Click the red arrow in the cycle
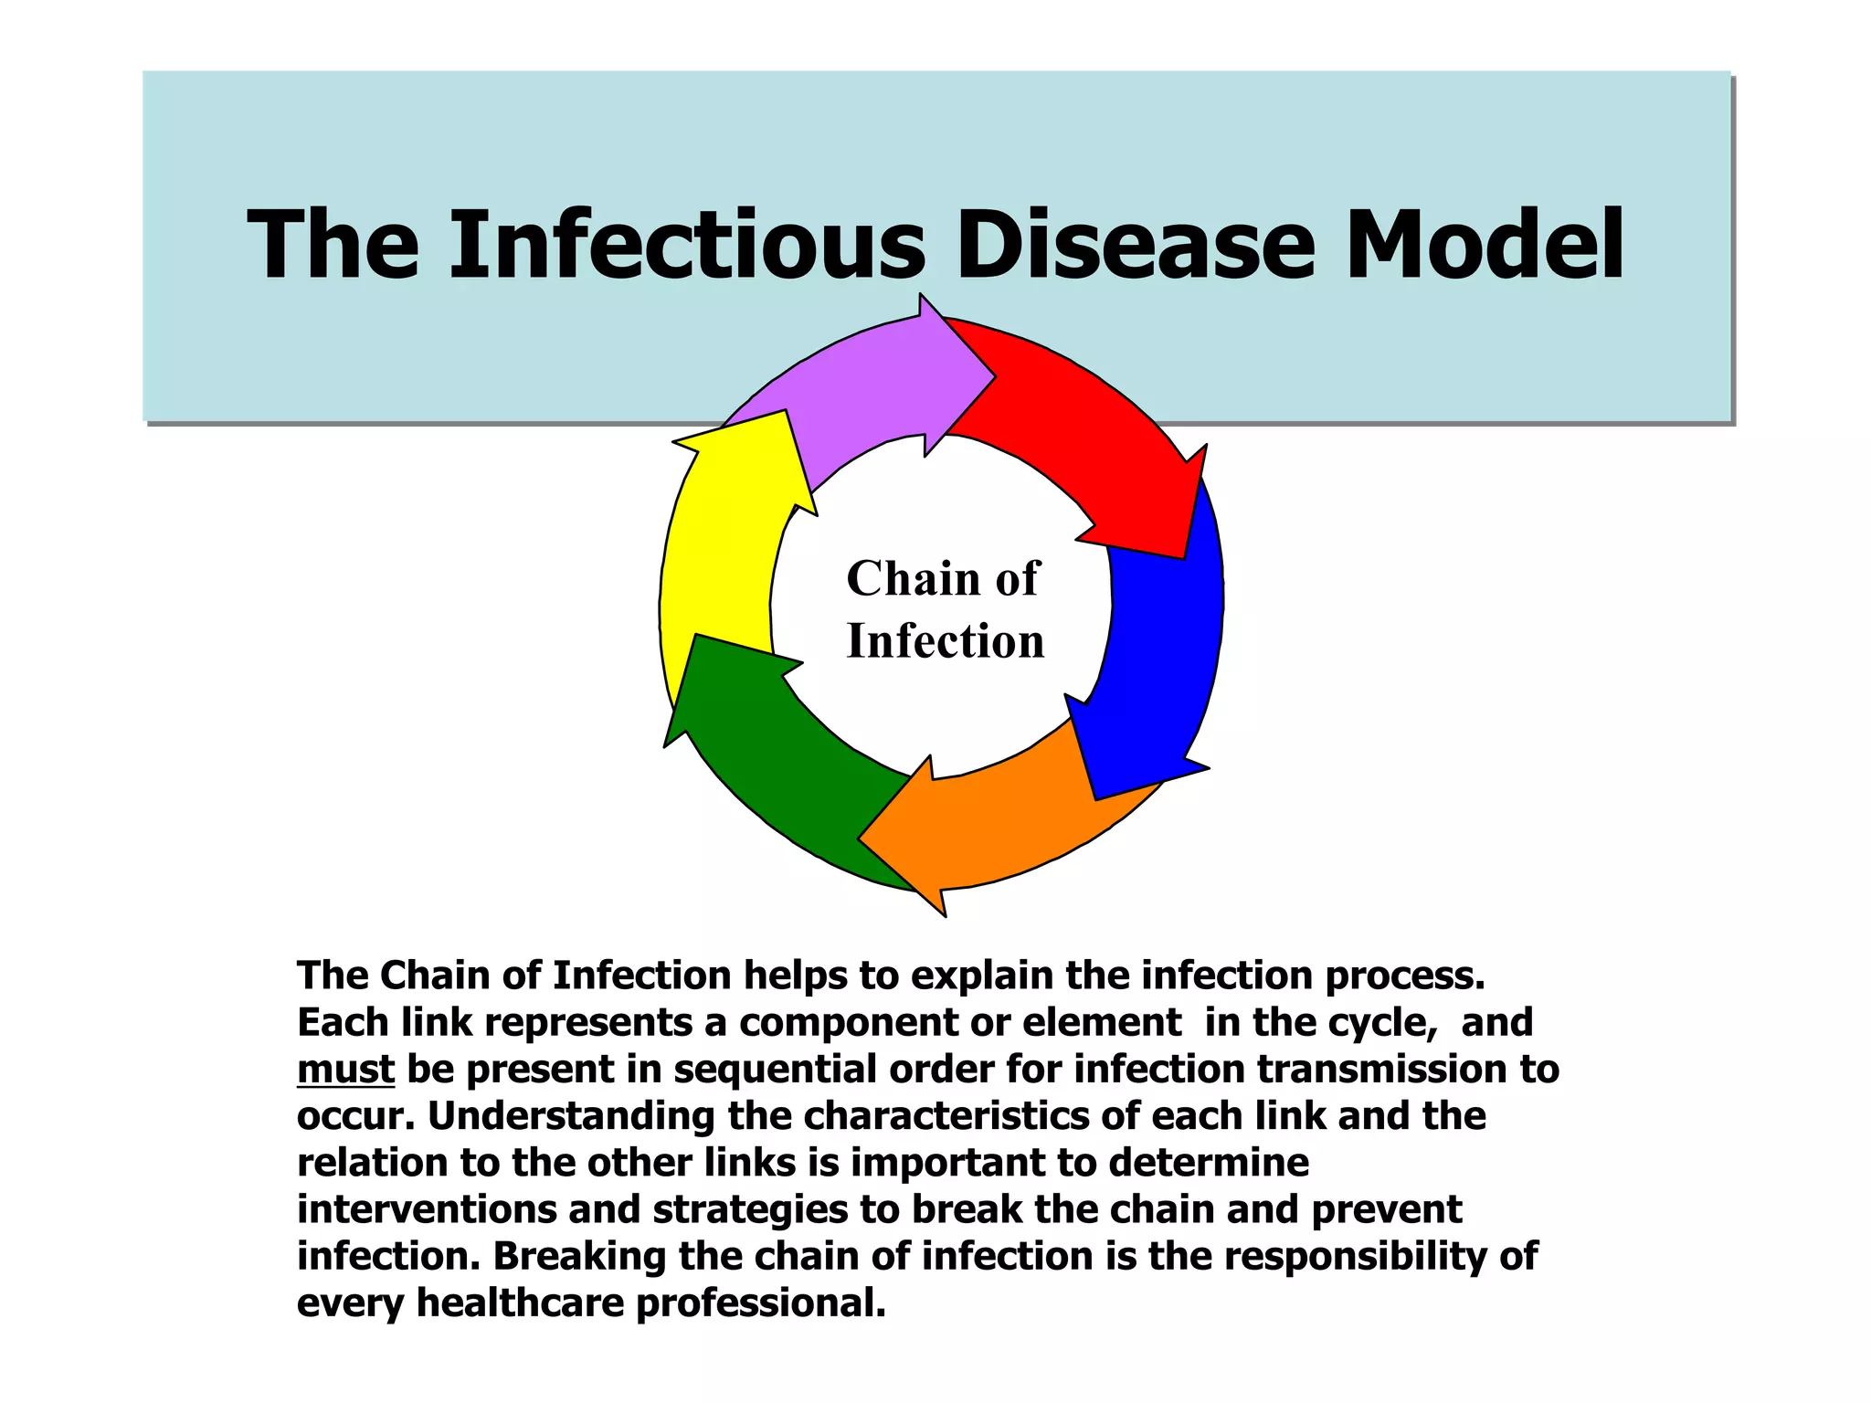coord(1087,429)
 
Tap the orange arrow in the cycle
coord(996,822)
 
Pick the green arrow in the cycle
coord(777,758)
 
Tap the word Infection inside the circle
coord(945,641)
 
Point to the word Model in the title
coord(1485,245)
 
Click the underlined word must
coord(345,1070)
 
